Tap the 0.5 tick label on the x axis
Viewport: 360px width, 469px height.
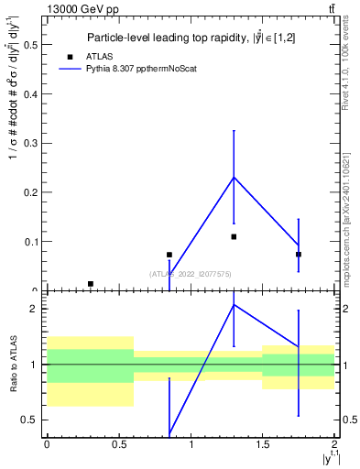118,444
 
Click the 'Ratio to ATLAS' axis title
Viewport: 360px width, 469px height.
13,364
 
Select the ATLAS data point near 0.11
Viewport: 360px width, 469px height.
234,236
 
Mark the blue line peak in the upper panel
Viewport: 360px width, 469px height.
234,177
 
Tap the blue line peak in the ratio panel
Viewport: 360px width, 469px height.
234,304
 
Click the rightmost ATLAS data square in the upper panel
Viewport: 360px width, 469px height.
299,254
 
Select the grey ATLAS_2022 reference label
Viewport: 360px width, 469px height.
191,273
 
